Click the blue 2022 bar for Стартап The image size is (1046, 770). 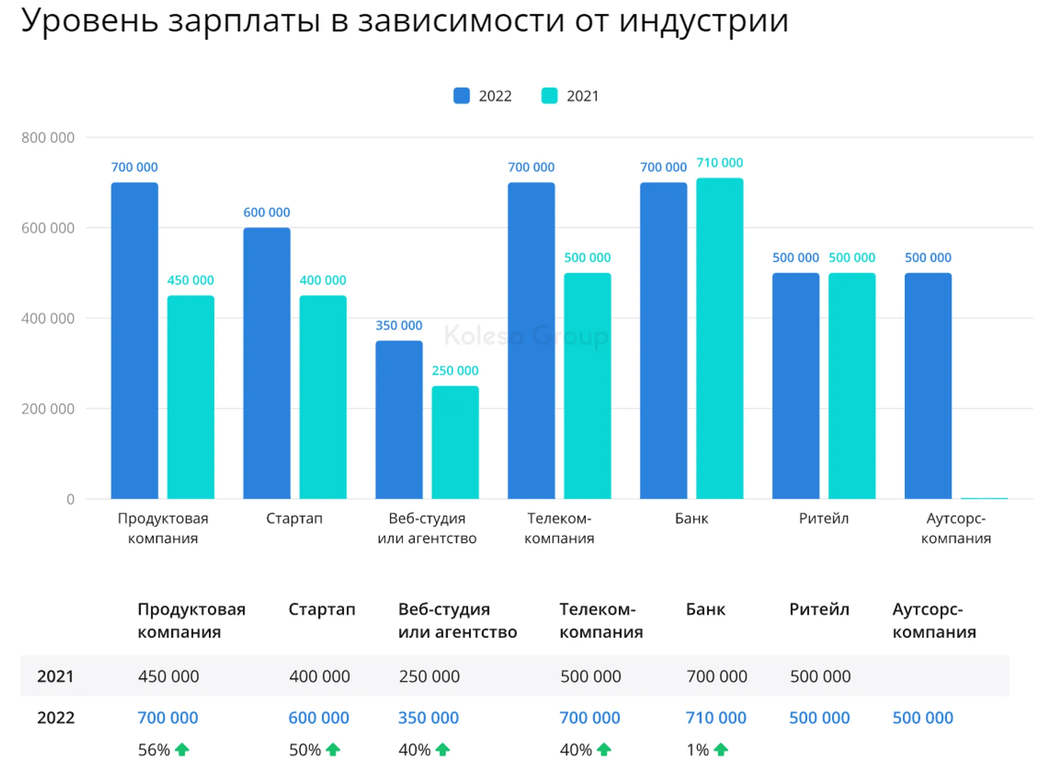click(266, 363)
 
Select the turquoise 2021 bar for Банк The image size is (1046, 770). click(719, 339)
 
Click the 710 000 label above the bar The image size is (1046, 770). click(719, 163)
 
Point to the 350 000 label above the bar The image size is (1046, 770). click(399, 325)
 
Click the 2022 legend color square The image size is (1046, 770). click(461, 96)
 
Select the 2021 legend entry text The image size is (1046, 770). click(582, 96)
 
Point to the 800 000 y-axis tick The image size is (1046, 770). click(47, 138)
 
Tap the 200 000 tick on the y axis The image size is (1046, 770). click(47, 409)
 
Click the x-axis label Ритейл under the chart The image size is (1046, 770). click(823, 518)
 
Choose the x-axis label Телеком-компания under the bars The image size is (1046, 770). click(559, 528)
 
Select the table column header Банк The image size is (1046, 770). click(705, 609)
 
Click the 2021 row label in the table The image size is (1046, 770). click(55, 676)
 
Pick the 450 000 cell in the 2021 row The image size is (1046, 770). click(168, 676)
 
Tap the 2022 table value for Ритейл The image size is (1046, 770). click(819, 718)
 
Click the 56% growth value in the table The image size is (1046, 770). click(154, 750)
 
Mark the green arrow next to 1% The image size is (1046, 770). click(721, 750)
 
